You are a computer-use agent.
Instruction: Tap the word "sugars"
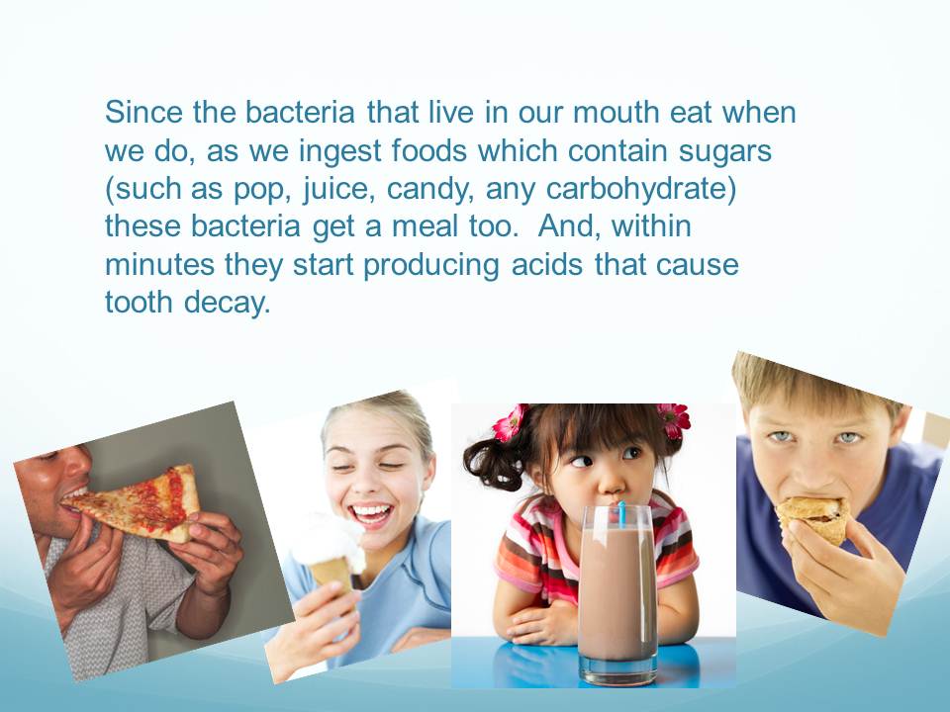click(725, 151)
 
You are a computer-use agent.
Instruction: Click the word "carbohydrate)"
click(641, 189)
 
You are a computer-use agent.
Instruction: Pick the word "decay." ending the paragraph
click(228, 303)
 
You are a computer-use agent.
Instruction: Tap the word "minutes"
click(160, 265)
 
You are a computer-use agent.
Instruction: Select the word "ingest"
click(339, 151)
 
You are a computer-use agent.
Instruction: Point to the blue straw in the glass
click(621, 513)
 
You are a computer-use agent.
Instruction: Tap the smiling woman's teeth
click(371, 512)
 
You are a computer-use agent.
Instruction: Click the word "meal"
click(425, 226)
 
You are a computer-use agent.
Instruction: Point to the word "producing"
click(431, 265)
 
